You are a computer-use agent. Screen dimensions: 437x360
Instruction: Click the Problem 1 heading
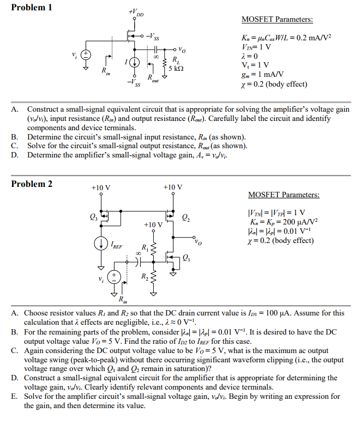(x=32, y=8)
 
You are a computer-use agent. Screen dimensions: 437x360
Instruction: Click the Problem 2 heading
(x=32, y=184)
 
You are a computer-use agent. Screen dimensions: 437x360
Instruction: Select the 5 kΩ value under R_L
(x=178, y=68)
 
